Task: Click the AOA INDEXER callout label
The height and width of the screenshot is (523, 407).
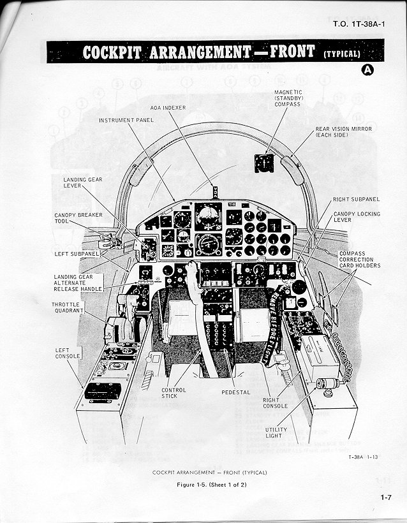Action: (168, 108)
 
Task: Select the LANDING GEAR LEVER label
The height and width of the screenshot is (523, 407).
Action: (82, 183)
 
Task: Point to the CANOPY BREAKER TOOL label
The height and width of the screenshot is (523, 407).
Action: (77, 218)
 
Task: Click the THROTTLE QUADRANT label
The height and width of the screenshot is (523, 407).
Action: (66, 308)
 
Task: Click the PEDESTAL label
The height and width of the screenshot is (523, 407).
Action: (235, 392)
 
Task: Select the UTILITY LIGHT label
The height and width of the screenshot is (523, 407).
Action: (276, 432)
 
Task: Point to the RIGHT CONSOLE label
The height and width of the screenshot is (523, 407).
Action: (275, 402)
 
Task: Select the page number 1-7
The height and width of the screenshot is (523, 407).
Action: (386, 497)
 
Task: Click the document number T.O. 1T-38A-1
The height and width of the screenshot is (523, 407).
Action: (358, 25)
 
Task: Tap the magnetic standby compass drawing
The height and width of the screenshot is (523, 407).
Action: (263, 162)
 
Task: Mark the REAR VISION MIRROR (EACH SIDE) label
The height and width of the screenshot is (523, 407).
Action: (340, 133)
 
